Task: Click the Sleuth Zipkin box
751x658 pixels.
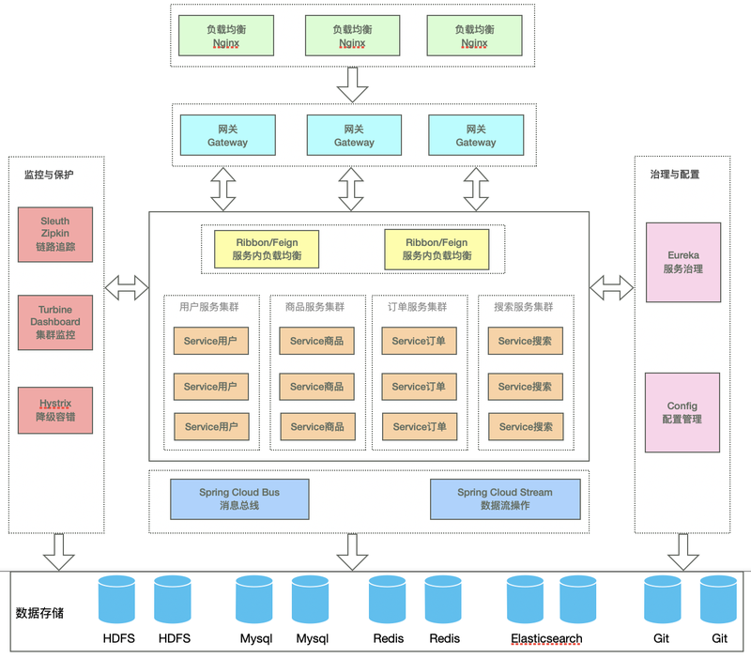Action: pyautogui.click(x=55, y=235)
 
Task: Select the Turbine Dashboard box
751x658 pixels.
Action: pyautogui.click(x=55, y=322)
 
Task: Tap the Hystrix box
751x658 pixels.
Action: pyautogui.click(x=55, y=410)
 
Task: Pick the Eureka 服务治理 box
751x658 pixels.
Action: pyautogui.click(x=683, y=263)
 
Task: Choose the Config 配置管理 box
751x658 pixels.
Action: pyautogui.click(x=682, y=413)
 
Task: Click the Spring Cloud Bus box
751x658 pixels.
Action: pyautogui.click(x=239, y=499)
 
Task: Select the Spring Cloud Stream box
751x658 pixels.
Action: pyautogui.click(x=505, y=499)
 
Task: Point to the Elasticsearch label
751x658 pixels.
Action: pyautogui.click(x=546, y=639)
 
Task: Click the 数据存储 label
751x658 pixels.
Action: pyautogui.click(x=39, y=613)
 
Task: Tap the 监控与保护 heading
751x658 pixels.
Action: pyautogui.click(x=49, y=175)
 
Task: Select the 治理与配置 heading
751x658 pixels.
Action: pyautogui.click(x=675, y=175)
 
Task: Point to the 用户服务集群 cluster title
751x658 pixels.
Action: pyautogui.click(x=208, y=307)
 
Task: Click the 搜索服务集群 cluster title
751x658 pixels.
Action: pyautogui.click(x=524, y=307)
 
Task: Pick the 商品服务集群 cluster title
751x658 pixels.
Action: pyautogui.click(x=314, y=307)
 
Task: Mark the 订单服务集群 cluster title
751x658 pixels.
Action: pyautogui.click(x=417, y=307)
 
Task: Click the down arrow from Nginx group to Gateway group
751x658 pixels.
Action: pyautogui.click(x=353, y=85)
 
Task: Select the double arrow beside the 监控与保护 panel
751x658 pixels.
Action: pyautogui.click(x=127, y=288)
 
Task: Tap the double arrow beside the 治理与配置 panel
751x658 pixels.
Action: pyautogui.click(x=612, y=288)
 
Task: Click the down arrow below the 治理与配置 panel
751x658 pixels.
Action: pyautogui.click(x=683, y=552)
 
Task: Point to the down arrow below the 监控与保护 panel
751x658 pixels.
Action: pyautogui.click(x=58, y=552)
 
